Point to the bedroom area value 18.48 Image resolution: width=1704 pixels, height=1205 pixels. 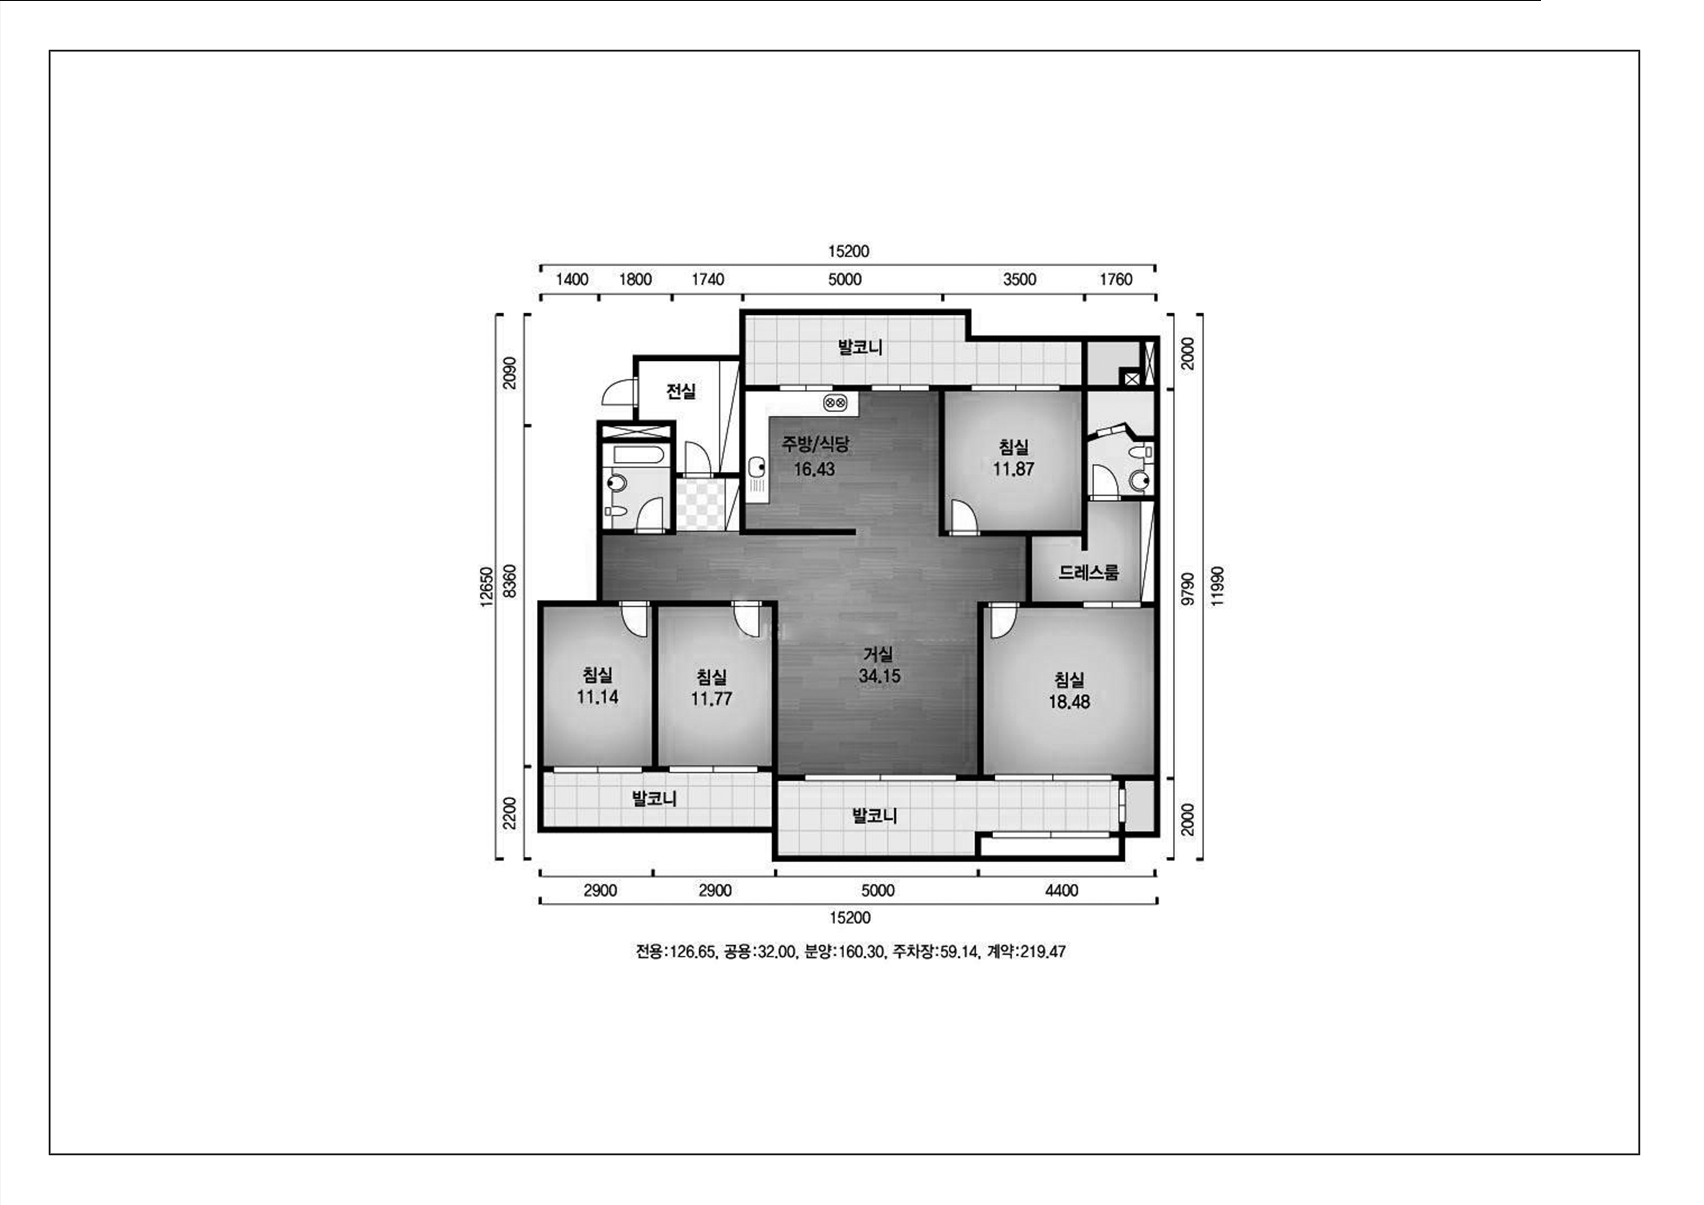1069,702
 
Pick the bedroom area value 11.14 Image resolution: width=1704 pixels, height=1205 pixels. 597,697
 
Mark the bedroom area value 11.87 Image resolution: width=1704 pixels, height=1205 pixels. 1013,469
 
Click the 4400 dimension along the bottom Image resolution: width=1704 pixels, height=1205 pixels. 1061,890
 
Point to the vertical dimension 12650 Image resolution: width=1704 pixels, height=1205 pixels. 486,587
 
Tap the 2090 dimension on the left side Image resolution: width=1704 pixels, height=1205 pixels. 509,373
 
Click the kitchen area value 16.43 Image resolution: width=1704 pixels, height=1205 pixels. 814,469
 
